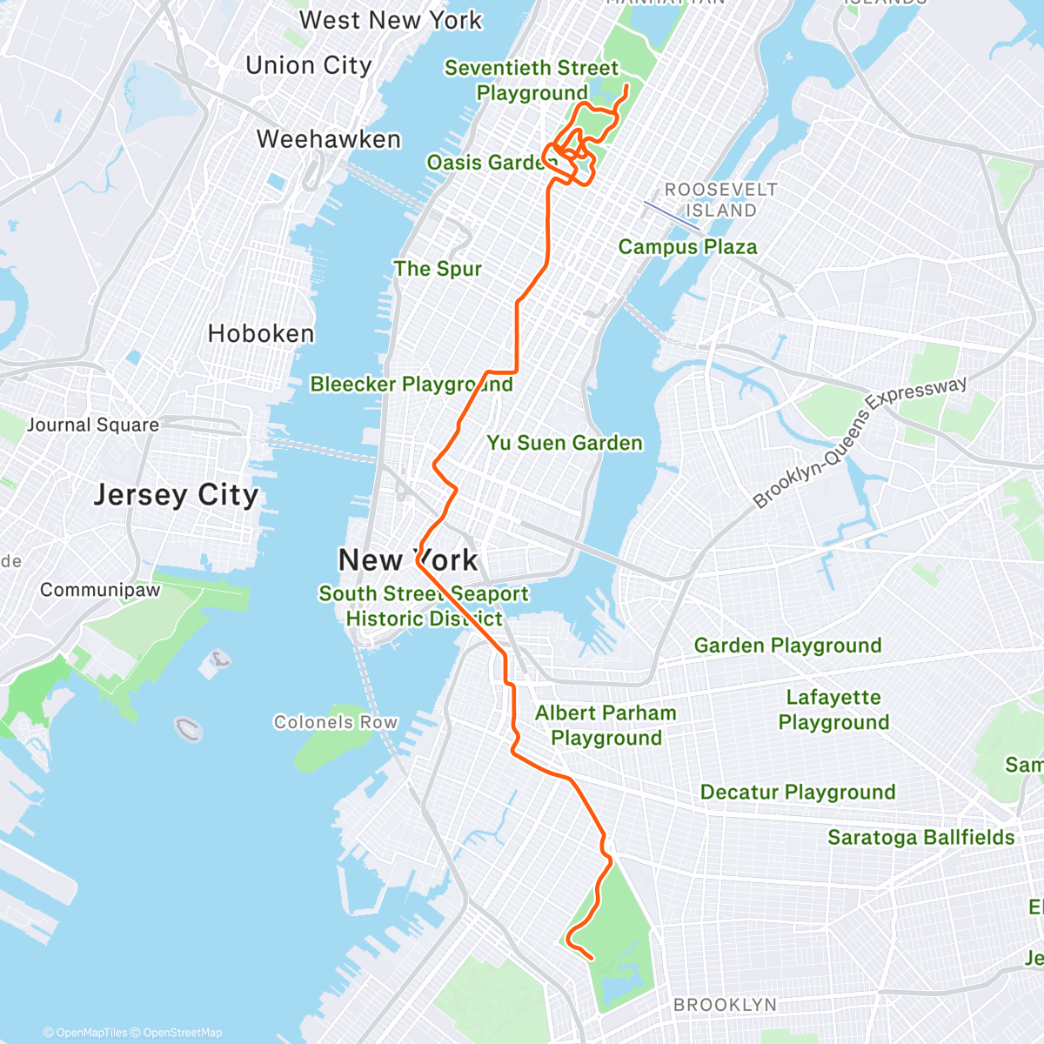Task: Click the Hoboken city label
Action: click(261, 333)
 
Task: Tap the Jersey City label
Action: click(176, 494)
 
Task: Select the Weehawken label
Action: click(329, 139)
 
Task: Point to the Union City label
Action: click(309, 65)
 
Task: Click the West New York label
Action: click(390, 20)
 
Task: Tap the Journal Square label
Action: click(93, 425)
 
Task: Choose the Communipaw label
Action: click(100, 590)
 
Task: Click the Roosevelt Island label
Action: click(721, 200)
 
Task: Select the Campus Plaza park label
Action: click(687, 247)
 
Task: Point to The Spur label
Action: click(438, 269)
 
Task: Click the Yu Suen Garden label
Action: click(565, 443)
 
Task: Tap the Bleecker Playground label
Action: click(412, 384)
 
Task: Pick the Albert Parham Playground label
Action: click(606, 726)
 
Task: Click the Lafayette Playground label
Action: click(833, 710)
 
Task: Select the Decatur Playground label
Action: click(798, 792)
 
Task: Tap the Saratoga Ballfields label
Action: click(920, 837)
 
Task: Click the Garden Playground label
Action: click(787, 646)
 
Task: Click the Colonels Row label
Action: click(336, 722)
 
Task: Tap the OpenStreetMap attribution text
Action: click(183, 1033)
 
